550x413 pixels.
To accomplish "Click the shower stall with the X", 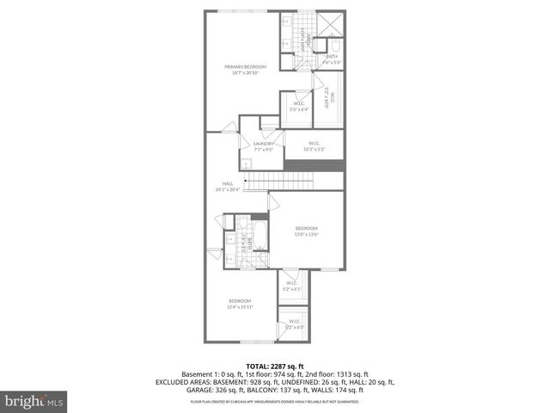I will tap(331, 25).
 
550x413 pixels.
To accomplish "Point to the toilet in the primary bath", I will tap(336, 47).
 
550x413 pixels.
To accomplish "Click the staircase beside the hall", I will tap(279, 182).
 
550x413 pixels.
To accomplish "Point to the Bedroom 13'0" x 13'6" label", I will tap(307, 231).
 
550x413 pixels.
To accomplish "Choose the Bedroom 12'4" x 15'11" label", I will tap(240, 303).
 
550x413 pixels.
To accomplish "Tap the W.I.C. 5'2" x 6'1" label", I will tap(291, 286).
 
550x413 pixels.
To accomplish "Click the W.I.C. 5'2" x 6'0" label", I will tap(294, 324).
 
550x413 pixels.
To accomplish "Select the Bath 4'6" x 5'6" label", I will tap(332, 59).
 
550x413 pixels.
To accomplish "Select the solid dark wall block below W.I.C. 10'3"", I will tap(313, 164).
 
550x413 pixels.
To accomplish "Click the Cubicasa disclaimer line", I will tap(274, 402).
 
